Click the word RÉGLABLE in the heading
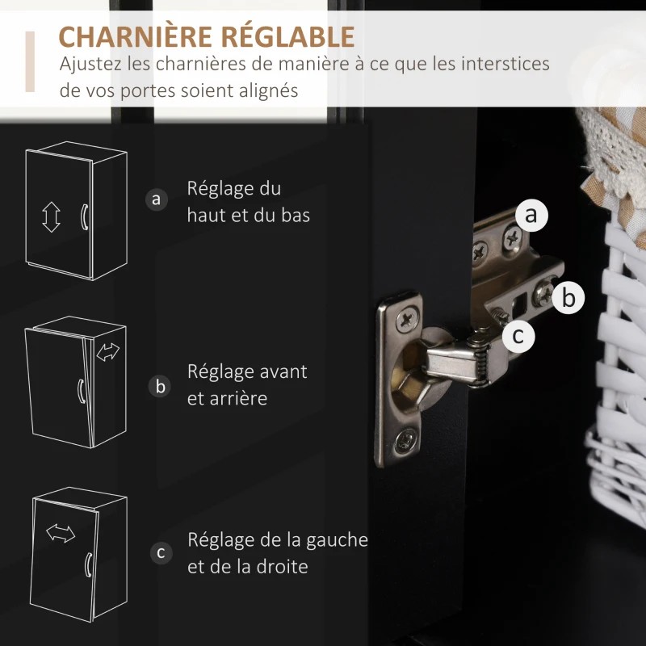click(287, 36)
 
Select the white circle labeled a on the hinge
click(531, 215)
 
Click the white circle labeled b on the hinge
click(568, 297)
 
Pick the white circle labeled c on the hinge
click(518, 336)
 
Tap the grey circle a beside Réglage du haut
click(157, 199)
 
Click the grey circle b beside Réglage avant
click(160, 387)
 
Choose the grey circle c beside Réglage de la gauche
click(161, 553)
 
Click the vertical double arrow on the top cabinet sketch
click(51, 217)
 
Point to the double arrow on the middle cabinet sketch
click(108, 352)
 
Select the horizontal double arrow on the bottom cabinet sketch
click(61, 533)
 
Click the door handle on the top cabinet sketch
click(84, 216)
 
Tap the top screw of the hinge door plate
click(407, 318)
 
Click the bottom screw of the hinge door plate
click(406, 442)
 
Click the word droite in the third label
click(282, 567)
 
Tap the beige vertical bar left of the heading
click(30, 61)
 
